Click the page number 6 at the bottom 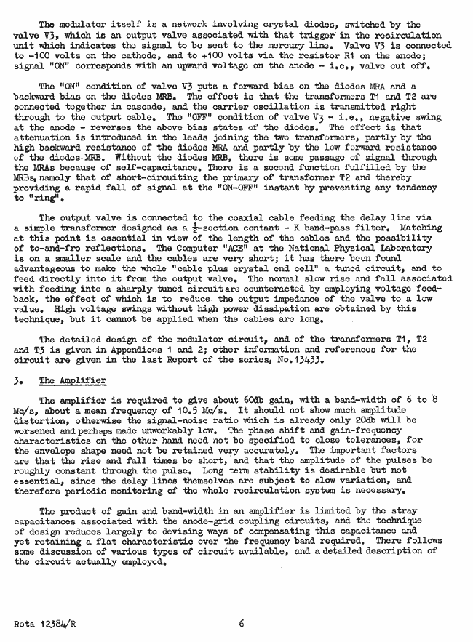tap(241, 623)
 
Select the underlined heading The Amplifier tap(73, 380)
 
